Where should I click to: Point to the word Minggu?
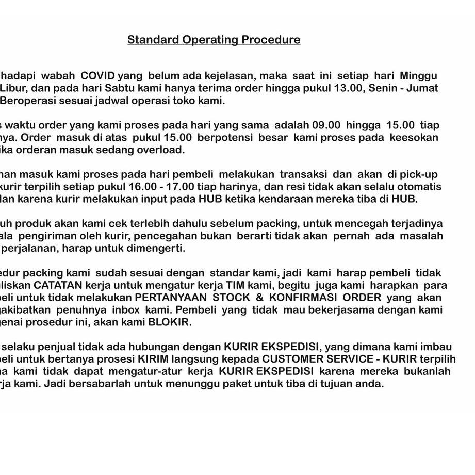coord(417,75)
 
